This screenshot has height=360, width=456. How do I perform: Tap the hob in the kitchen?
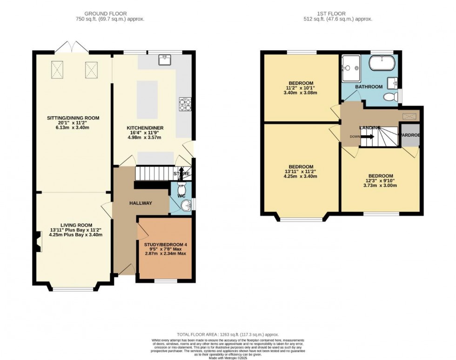[x=185, y=104]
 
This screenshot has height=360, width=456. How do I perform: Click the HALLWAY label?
[x=140, y=203]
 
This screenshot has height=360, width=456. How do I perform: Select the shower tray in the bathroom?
[x=350, y=66]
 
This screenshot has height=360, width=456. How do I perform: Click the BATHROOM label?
[x=369, y=87]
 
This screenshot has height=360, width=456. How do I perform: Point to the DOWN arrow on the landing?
[x=366, y=137]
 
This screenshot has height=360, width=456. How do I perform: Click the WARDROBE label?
[x=409, y=135]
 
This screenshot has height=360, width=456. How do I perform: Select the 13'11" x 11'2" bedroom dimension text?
[x=301, y=171]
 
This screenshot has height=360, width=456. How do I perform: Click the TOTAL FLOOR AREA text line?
[x=228, y=334]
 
